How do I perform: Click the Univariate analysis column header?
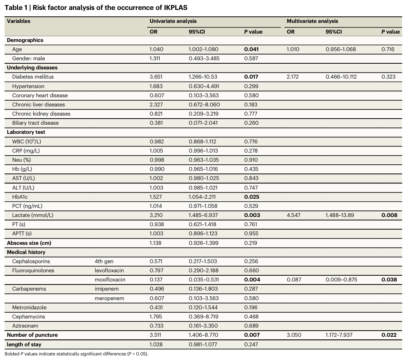[x=173, y=21]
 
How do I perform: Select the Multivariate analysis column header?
[x=312, y=21]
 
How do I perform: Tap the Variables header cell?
[x=19, y=21]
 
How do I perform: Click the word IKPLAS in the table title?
[x=175, y=8]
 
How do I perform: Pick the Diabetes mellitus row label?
[x=33, y=77]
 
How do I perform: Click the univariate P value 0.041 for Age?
[x=251, y=49]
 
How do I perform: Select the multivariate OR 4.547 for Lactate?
[x=293, y=215]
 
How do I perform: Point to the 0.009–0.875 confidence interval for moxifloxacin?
[x=341, y=280]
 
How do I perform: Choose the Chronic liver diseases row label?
[x=38, y=104]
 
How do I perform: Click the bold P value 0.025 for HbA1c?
[x=252, y=197]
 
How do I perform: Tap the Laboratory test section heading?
[x=26, y=132]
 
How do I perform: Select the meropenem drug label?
[x=109, y=299]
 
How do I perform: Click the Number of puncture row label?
[x=32, y=335]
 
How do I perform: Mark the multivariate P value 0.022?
[x=389, y=335]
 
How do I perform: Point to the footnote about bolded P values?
[x=76, y=354]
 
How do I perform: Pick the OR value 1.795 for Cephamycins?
[x=156, y=317]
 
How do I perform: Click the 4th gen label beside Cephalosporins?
[x=104, y=262]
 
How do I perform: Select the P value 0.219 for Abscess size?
[x=250, y=243]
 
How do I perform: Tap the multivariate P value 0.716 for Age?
[x=388, y=49]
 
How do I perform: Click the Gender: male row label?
[x=29, y=58]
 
